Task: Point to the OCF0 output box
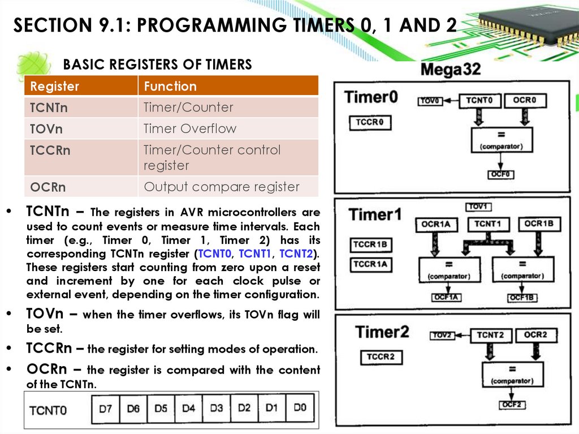tap(502, 174)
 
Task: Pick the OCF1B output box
tap(522, 297)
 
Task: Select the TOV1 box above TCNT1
tap(478, 207)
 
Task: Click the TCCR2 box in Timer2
tap(381, 357)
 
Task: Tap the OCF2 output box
tap(513, 405)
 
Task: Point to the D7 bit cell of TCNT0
tap(106, 409)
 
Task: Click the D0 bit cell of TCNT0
tap(300, 407)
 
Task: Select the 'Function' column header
tap(170, 87)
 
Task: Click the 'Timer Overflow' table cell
tap(190, 128)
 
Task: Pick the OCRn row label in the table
tap(48, 187)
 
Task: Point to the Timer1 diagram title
tap(375, 214)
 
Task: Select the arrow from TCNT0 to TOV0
tap(450, 101)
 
